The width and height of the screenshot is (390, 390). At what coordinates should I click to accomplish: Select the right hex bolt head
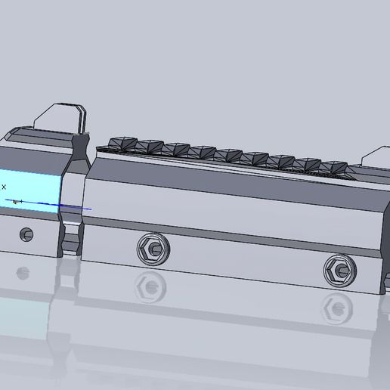[338, 268]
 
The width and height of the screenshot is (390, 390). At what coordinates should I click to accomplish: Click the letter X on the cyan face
[4, 186]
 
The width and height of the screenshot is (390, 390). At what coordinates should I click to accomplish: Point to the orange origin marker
[14, 201]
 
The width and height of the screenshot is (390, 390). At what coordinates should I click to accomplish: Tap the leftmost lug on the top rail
[122, 144]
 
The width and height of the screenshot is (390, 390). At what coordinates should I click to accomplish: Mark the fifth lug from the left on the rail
[227, 156]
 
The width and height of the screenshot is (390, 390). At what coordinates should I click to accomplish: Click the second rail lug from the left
[148, 147]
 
